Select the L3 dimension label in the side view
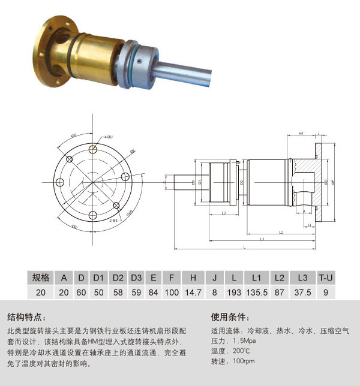tap(223, 213)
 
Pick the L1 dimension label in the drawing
tap(262, 239)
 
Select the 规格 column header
tap(40, 278)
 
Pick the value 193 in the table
tap(232, 292)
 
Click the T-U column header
tap(325, 278)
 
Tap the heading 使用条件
tap(230, 317)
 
